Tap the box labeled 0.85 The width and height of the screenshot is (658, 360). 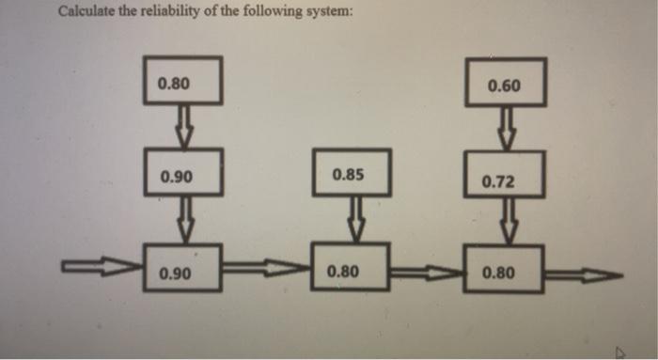coord(349,174)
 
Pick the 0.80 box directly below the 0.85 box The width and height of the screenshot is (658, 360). coord(349,270)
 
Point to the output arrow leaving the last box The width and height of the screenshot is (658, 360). coord(583,275)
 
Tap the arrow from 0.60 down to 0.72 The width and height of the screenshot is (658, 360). coord(506,128)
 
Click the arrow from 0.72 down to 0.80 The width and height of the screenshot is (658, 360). coord(506,222)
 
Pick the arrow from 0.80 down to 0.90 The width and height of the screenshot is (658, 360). coord(185,124)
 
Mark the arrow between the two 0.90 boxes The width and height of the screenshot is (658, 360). coord(185,220)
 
